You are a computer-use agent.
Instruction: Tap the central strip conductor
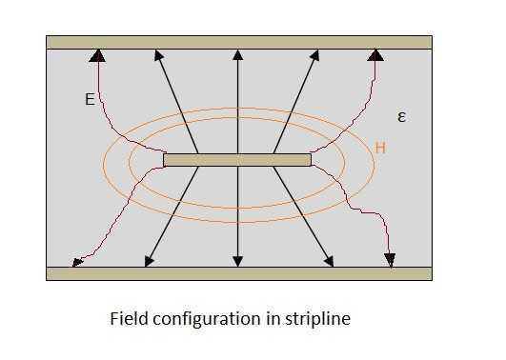tap(237, 159)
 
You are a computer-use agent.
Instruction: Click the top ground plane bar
tap(238, 42)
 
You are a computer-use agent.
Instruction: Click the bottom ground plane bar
tap(238, 273)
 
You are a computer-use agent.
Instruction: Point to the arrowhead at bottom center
tap(237, 260)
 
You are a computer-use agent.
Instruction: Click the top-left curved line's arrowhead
tap(96, 56)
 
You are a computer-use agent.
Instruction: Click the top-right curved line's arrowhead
tap(376, 56)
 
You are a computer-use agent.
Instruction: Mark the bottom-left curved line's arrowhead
tap(77, 261)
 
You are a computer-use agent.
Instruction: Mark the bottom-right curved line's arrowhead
tap(391, 260)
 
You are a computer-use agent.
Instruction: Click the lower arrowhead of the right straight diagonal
tap(331, 260)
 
